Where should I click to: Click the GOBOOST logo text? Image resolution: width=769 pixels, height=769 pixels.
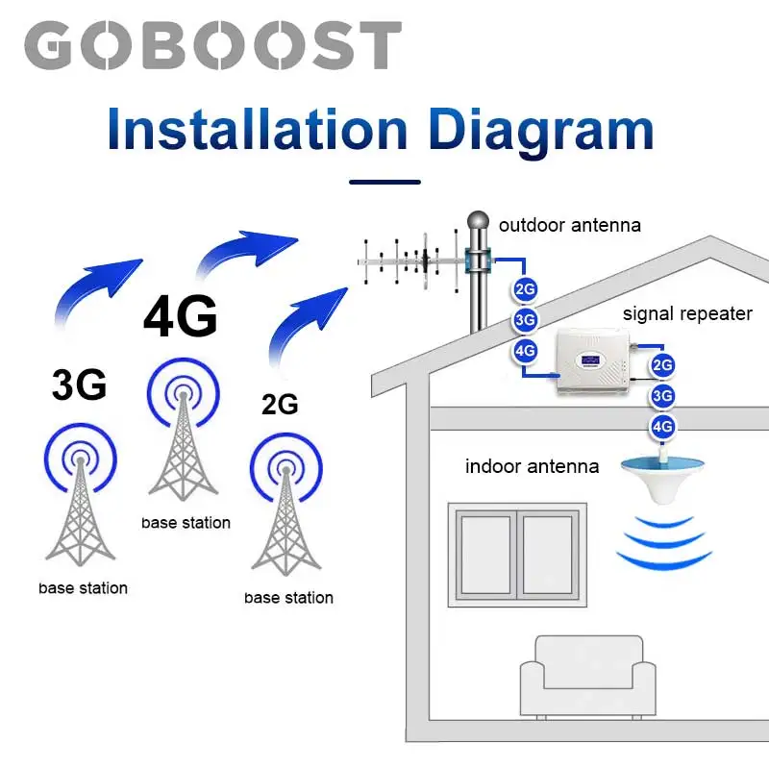pos(211,45)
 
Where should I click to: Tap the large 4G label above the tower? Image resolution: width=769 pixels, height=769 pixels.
pos(180,317)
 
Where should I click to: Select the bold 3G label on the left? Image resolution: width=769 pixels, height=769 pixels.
pos(79,384)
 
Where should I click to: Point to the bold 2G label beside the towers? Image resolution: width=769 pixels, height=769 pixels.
pos(280,404)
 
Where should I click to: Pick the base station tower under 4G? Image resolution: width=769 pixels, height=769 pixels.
pos(183,442)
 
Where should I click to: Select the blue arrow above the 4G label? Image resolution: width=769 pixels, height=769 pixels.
pos(245,252)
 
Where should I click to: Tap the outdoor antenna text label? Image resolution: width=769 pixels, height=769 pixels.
pos(569,226)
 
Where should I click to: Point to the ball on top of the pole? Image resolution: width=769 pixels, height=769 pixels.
pos(479,223)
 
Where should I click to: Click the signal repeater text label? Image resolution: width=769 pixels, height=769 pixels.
pos(687,313)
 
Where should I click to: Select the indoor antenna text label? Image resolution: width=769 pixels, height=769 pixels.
pos(532,467)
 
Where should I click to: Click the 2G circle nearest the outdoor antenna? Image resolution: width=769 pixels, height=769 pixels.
pos(525,288)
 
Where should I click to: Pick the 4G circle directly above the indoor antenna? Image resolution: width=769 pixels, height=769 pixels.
pos(662,426)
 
